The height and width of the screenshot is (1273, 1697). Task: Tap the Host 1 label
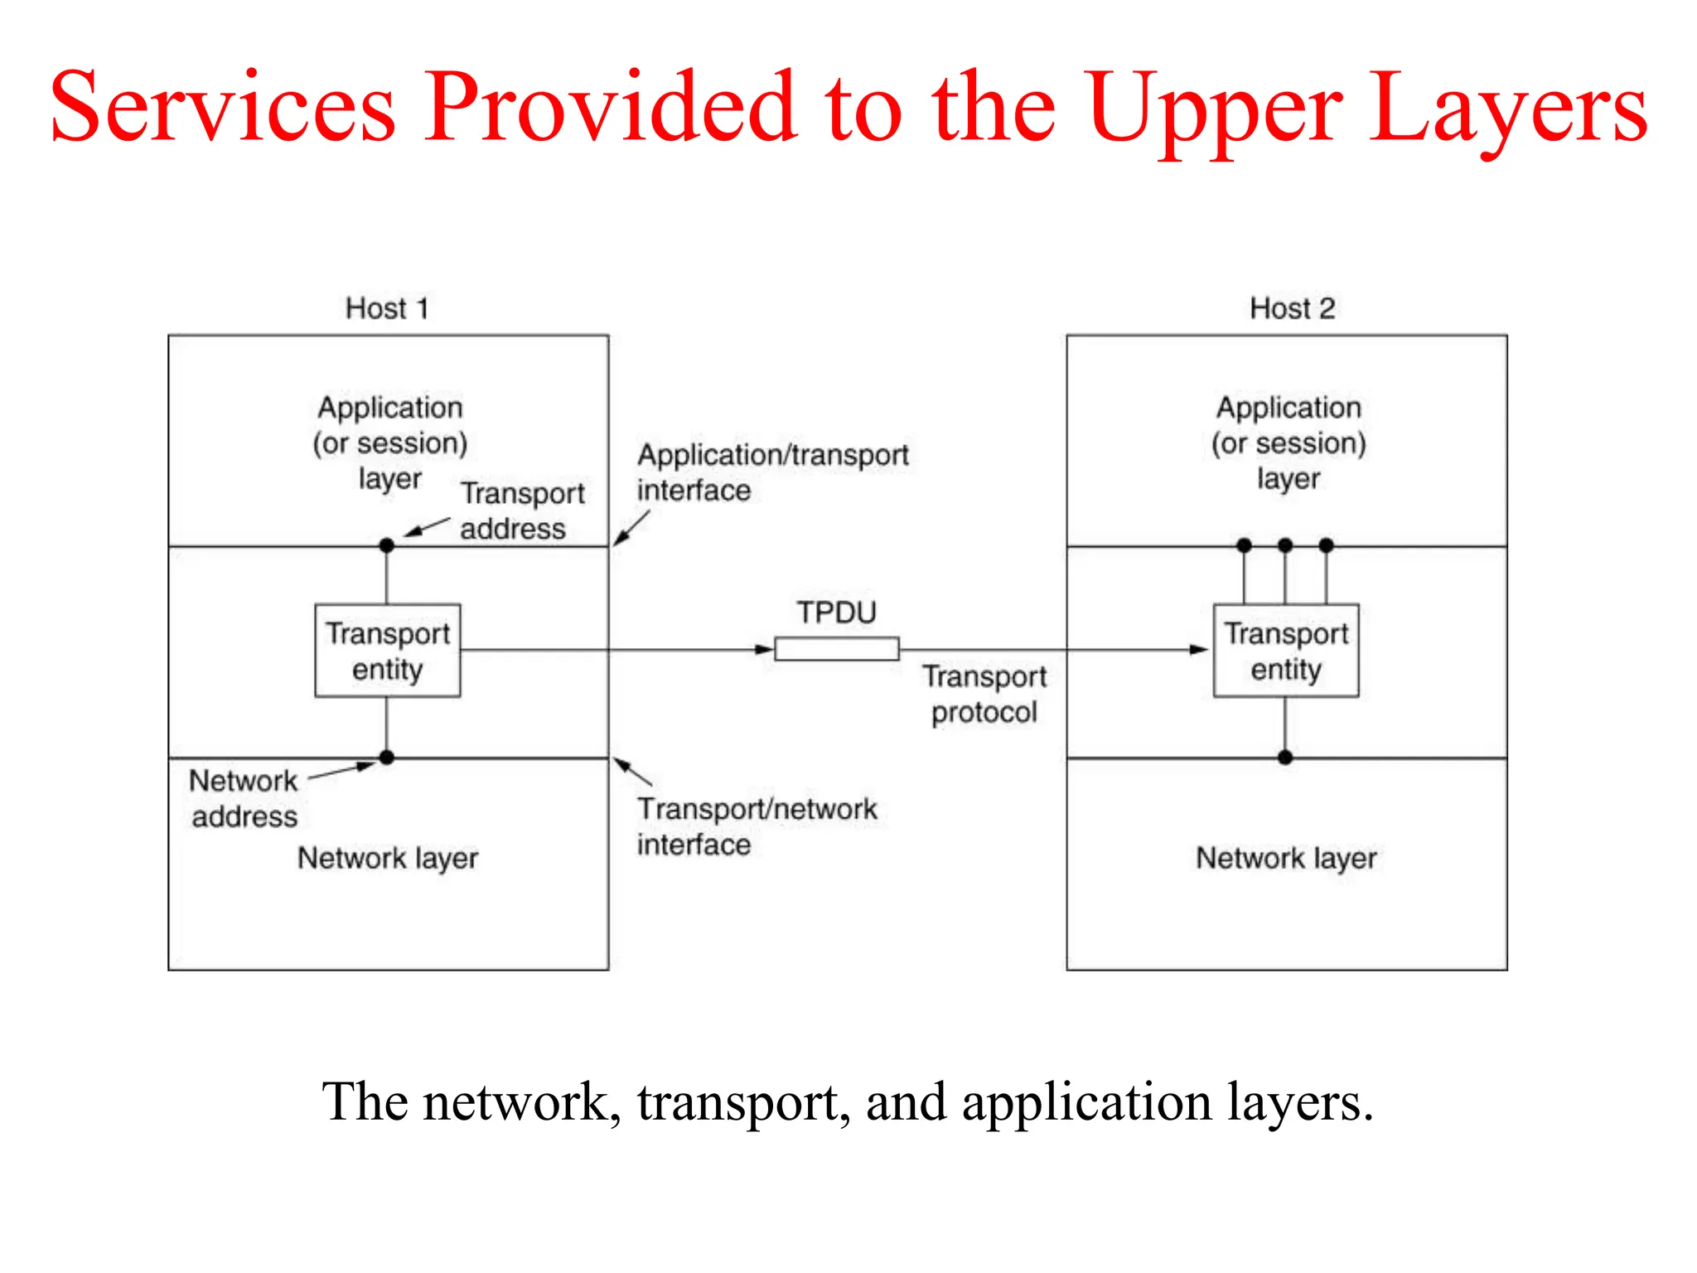coord(387,308)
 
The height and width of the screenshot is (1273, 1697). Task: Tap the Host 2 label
coord(1292,308)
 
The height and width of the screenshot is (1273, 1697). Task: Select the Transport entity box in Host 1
coord(387,651)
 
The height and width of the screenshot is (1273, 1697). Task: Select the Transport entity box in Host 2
coord(1285,651)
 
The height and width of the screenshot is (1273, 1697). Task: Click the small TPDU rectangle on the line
coord(836,649)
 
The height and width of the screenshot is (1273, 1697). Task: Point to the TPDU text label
coord(836,612)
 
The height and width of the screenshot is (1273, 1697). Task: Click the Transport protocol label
coord(984,695)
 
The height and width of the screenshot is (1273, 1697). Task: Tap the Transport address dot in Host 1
coord(386,545)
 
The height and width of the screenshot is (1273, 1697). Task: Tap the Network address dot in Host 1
coord(386,757)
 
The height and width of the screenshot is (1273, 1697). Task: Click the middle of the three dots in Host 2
coord(1285,545)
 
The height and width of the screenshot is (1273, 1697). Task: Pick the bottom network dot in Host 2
coord(1285,757)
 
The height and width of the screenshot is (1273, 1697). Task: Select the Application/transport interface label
coord(771,472)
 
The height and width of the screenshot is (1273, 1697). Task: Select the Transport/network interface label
coord(756,826)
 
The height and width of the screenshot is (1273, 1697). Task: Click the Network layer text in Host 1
coord(387,859)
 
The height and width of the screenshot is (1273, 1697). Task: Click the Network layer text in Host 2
coord(1285,859)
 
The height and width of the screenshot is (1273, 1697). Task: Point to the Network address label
coord(244,798)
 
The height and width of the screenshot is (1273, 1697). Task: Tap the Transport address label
coord(522,511)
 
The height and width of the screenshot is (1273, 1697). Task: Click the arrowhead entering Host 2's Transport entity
coord(1199,650)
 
